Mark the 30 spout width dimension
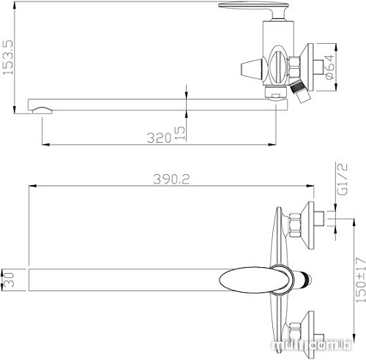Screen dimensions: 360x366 (x=8, y=280)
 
